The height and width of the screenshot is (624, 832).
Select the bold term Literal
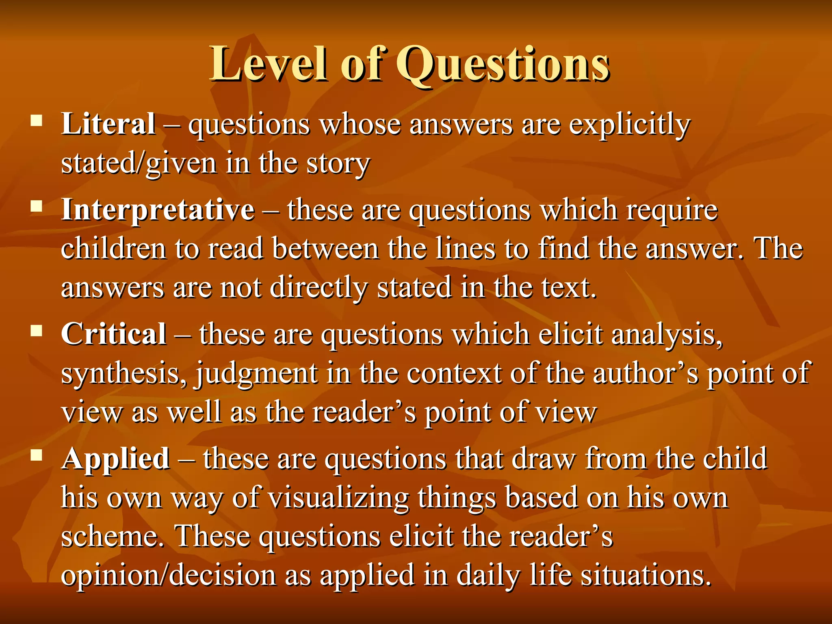coord(108,123)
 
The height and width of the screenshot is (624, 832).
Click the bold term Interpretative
coord(158,210)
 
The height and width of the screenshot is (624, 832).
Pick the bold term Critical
coord(114,334)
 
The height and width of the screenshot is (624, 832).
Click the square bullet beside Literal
coord(37,121)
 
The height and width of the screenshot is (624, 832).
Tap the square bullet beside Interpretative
coord(37,206)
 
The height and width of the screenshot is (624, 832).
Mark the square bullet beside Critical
coord(37,331)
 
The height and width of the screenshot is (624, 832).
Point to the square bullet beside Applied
coord(37,455)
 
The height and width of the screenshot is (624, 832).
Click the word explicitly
coord(629,125)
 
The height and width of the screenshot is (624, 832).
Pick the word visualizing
coord(339,498)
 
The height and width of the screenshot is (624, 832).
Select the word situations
coord(646,575)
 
